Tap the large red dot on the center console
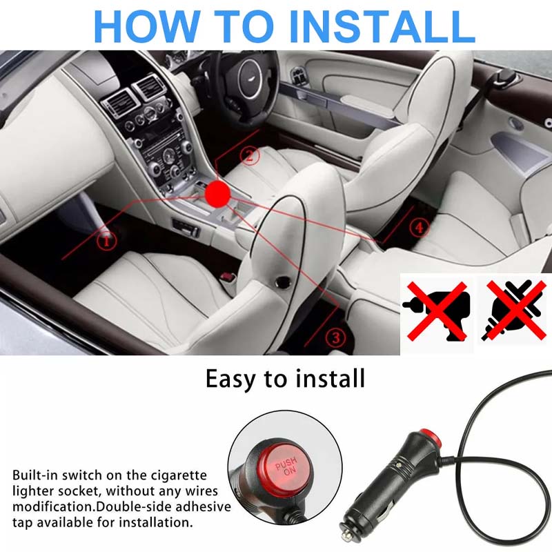(219, 193)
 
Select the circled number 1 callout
(106, 241)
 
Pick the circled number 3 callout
(335, 337)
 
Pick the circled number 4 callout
(418, 227)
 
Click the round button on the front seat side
(282, 281)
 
